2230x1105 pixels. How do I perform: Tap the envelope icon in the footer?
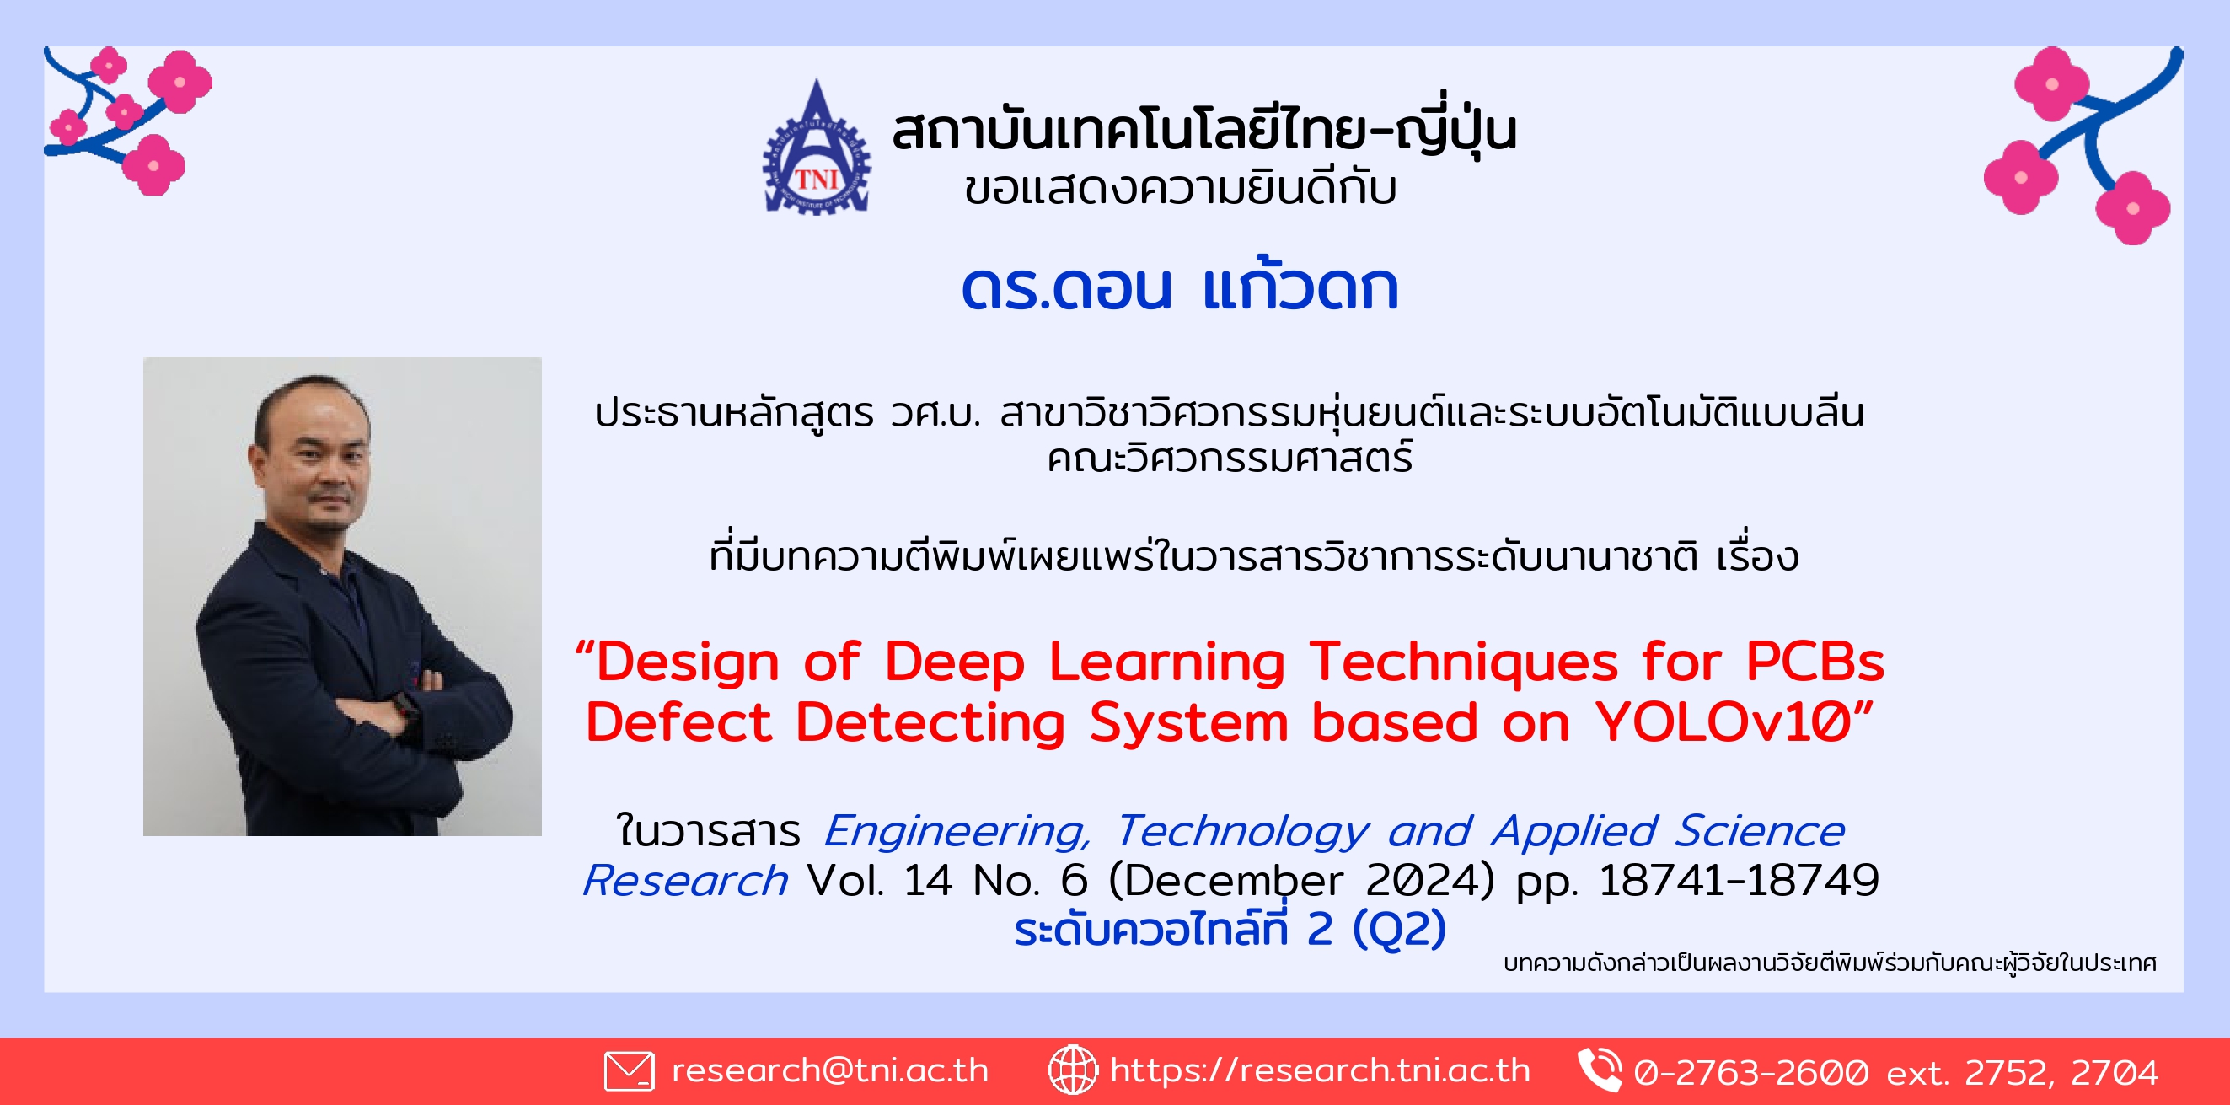click(x=629, y=1070)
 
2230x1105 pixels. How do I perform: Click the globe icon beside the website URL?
click(x=1073, y=1070)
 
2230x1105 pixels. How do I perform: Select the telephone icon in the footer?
click(x=1599, y=1070)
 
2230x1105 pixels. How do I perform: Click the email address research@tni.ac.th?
click(x=829, y=1070)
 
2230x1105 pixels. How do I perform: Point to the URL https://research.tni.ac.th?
click(x=1320, y=1070)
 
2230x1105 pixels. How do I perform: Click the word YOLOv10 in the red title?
click(x=1724, y=721)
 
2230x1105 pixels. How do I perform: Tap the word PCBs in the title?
click(x=1815, y=662)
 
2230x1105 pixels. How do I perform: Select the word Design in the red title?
click(x=688, y=663)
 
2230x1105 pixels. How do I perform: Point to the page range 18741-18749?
click(x=1739, y=880)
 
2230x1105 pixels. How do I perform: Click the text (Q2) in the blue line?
click(x=1399, y=929)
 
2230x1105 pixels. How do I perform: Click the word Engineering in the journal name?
click(x=957, y=832)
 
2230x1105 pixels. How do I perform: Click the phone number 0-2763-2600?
click(x=1750, y=1072)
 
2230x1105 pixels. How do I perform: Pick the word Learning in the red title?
click(x=1167, y=663)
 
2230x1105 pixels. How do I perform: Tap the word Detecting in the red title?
click(x=930, y=723)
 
